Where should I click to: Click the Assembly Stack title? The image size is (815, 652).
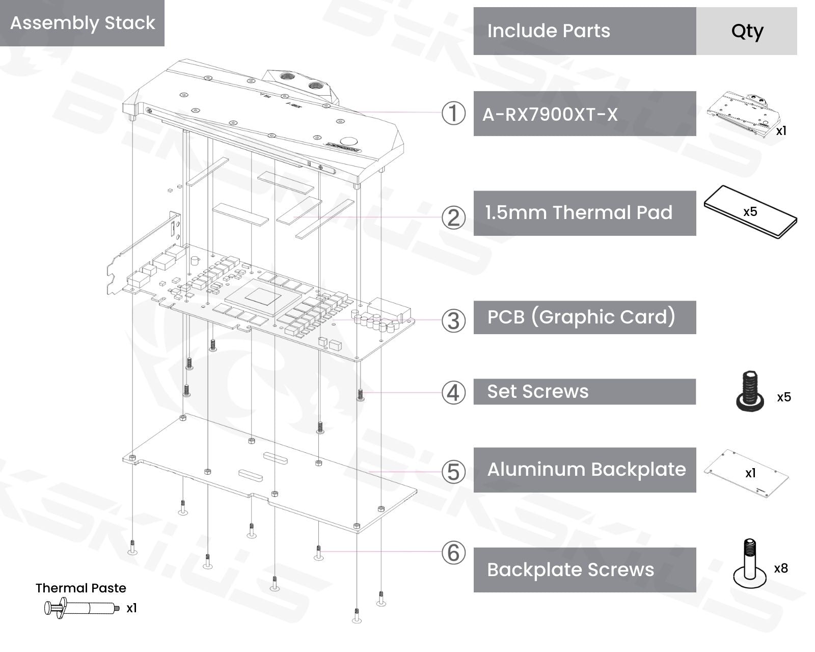83,23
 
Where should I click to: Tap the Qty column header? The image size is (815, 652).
747,31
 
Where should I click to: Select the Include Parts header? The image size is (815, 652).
549,31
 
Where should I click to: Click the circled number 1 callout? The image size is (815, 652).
453,113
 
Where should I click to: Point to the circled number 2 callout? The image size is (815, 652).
453,218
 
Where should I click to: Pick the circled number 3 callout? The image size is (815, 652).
453,321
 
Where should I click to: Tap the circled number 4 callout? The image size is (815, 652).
453,393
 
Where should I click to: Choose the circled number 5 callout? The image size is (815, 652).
453,472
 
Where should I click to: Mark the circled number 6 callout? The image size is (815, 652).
453,553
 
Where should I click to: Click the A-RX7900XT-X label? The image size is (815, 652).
550,114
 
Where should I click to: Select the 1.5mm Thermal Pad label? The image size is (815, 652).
579,213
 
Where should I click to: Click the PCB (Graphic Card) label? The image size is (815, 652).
581,317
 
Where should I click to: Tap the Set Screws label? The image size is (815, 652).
538,392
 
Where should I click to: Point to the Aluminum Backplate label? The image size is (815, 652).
586,470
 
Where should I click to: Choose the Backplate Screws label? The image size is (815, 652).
570,570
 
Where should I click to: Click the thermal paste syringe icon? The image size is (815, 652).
81,608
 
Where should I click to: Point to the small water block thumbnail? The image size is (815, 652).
744,114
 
